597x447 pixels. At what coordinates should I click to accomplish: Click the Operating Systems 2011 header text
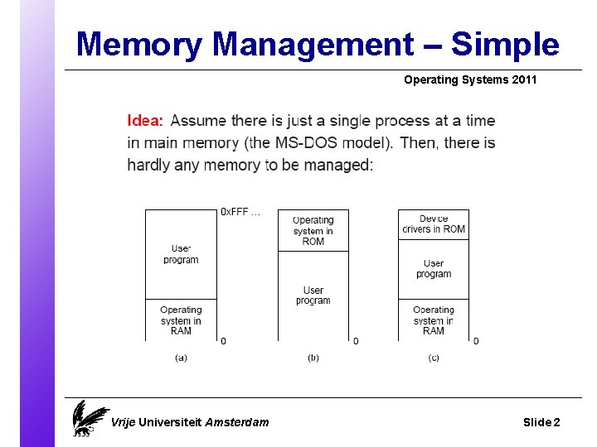pyautogui.click(x=470, y=80)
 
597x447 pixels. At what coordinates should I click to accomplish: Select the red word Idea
pyautogui.click(x=145, y=122)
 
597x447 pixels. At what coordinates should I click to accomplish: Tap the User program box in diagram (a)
pyautogui.click(x=181, y=254)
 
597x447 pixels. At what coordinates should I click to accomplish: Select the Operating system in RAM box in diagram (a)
pyautogui.click(x=181, y=320)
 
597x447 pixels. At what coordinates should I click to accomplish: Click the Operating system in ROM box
pyautogui.click(x=313, y=230)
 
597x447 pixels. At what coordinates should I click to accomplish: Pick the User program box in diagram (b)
pyautogui.click(x=313, y=296)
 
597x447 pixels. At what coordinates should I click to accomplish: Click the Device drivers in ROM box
pyautogui.click(x=434, y=224)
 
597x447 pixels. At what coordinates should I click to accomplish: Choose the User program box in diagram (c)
pyautogui.click(x=434, y=269)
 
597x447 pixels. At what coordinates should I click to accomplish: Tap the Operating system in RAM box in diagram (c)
pyautogui.click(x=434, y=320)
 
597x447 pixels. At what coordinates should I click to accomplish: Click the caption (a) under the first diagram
pyautogui.click(x=181, y=358)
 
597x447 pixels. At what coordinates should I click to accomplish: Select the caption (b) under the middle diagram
pyautogui.click(x=313, y=358)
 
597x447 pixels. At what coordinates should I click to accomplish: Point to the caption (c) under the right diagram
pyautogui.click(x=434, y=358)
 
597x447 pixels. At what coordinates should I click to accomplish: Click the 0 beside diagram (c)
pyautogui.click(x=476, y=341)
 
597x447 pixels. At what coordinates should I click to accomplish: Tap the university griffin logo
pyautogui.click(x=87, y=418)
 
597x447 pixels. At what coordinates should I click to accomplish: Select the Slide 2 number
pyautogui.click(x=541, y=422)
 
